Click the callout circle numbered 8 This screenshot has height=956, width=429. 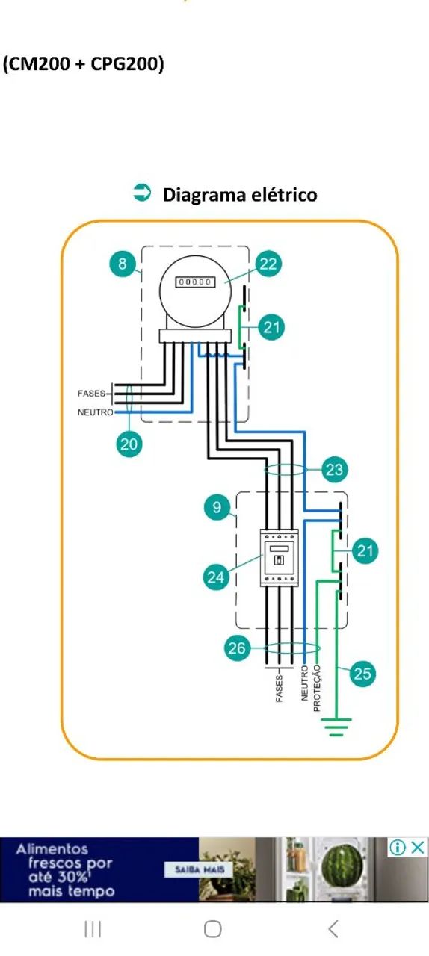[x=123, y=264]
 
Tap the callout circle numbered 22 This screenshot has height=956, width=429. [x=268, y=264]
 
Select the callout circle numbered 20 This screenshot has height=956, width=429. [x=129, y=444]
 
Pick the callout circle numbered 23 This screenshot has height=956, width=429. [x=335, y=470]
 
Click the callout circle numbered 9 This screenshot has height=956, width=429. [x=217, y=507]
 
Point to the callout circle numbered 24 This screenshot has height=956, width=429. [x=216, y=577]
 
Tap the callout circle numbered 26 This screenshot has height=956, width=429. [x=237, y=648]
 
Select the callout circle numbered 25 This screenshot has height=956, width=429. [x=362, y=674]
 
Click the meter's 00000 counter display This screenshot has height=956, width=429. [x=195, y=282]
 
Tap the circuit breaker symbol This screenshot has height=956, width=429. [x=280, y=558]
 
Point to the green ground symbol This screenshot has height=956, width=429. [x=336, y=727]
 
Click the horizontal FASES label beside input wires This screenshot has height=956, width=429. [x=91, y=394]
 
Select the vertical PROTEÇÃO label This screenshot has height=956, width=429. [x=317, y=688]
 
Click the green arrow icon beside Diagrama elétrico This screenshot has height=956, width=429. [x=142, y=193]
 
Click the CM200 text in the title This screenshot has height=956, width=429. [x=40, y=64]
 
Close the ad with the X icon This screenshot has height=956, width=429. [x=418, y=847]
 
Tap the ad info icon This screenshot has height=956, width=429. [x=398, y=847]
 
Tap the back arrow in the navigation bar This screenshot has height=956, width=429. [x=334, y=928]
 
